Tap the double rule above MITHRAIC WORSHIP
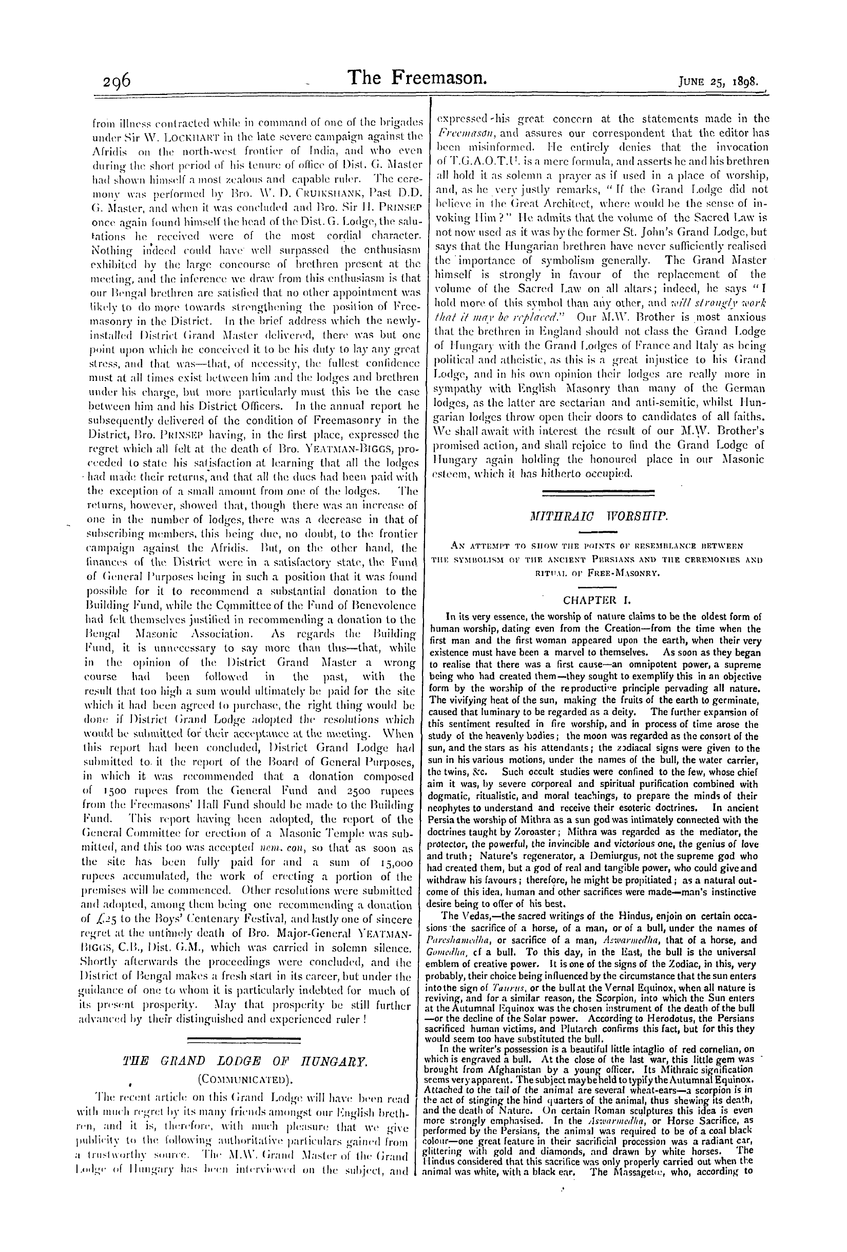(598, 492)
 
